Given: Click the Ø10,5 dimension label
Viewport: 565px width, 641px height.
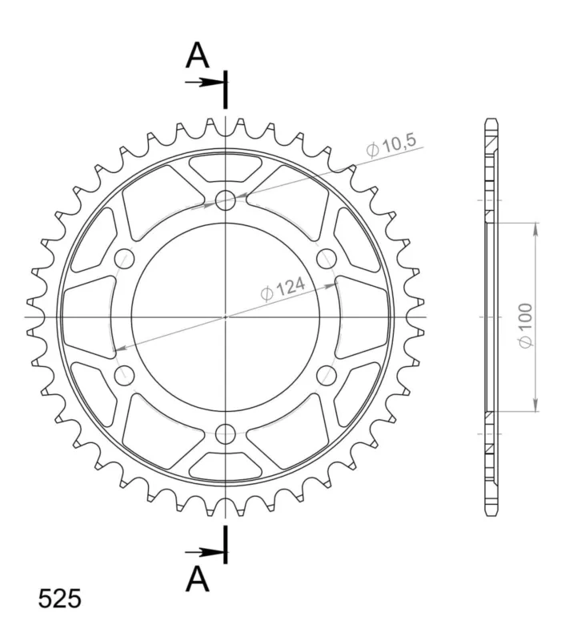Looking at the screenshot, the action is coord(391,145).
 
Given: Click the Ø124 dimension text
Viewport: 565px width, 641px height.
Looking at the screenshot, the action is coord(282,288).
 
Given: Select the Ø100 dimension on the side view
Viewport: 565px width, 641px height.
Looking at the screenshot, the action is coord(526,326).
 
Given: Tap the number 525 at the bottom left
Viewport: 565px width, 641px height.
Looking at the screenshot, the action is coord(59,599).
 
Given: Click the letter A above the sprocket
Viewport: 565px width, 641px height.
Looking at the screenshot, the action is coord(197,55).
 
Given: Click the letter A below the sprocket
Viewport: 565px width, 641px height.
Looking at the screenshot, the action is coord(197,579).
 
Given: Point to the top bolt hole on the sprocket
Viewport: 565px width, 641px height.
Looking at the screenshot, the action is coord(226,200).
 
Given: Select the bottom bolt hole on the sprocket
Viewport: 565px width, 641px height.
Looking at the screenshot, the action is coord(226,433).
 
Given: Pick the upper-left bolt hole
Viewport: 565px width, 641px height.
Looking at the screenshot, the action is coord(125,258).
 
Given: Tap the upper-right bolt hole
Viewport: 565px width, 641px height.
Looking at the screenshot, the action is coord(327,258).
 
